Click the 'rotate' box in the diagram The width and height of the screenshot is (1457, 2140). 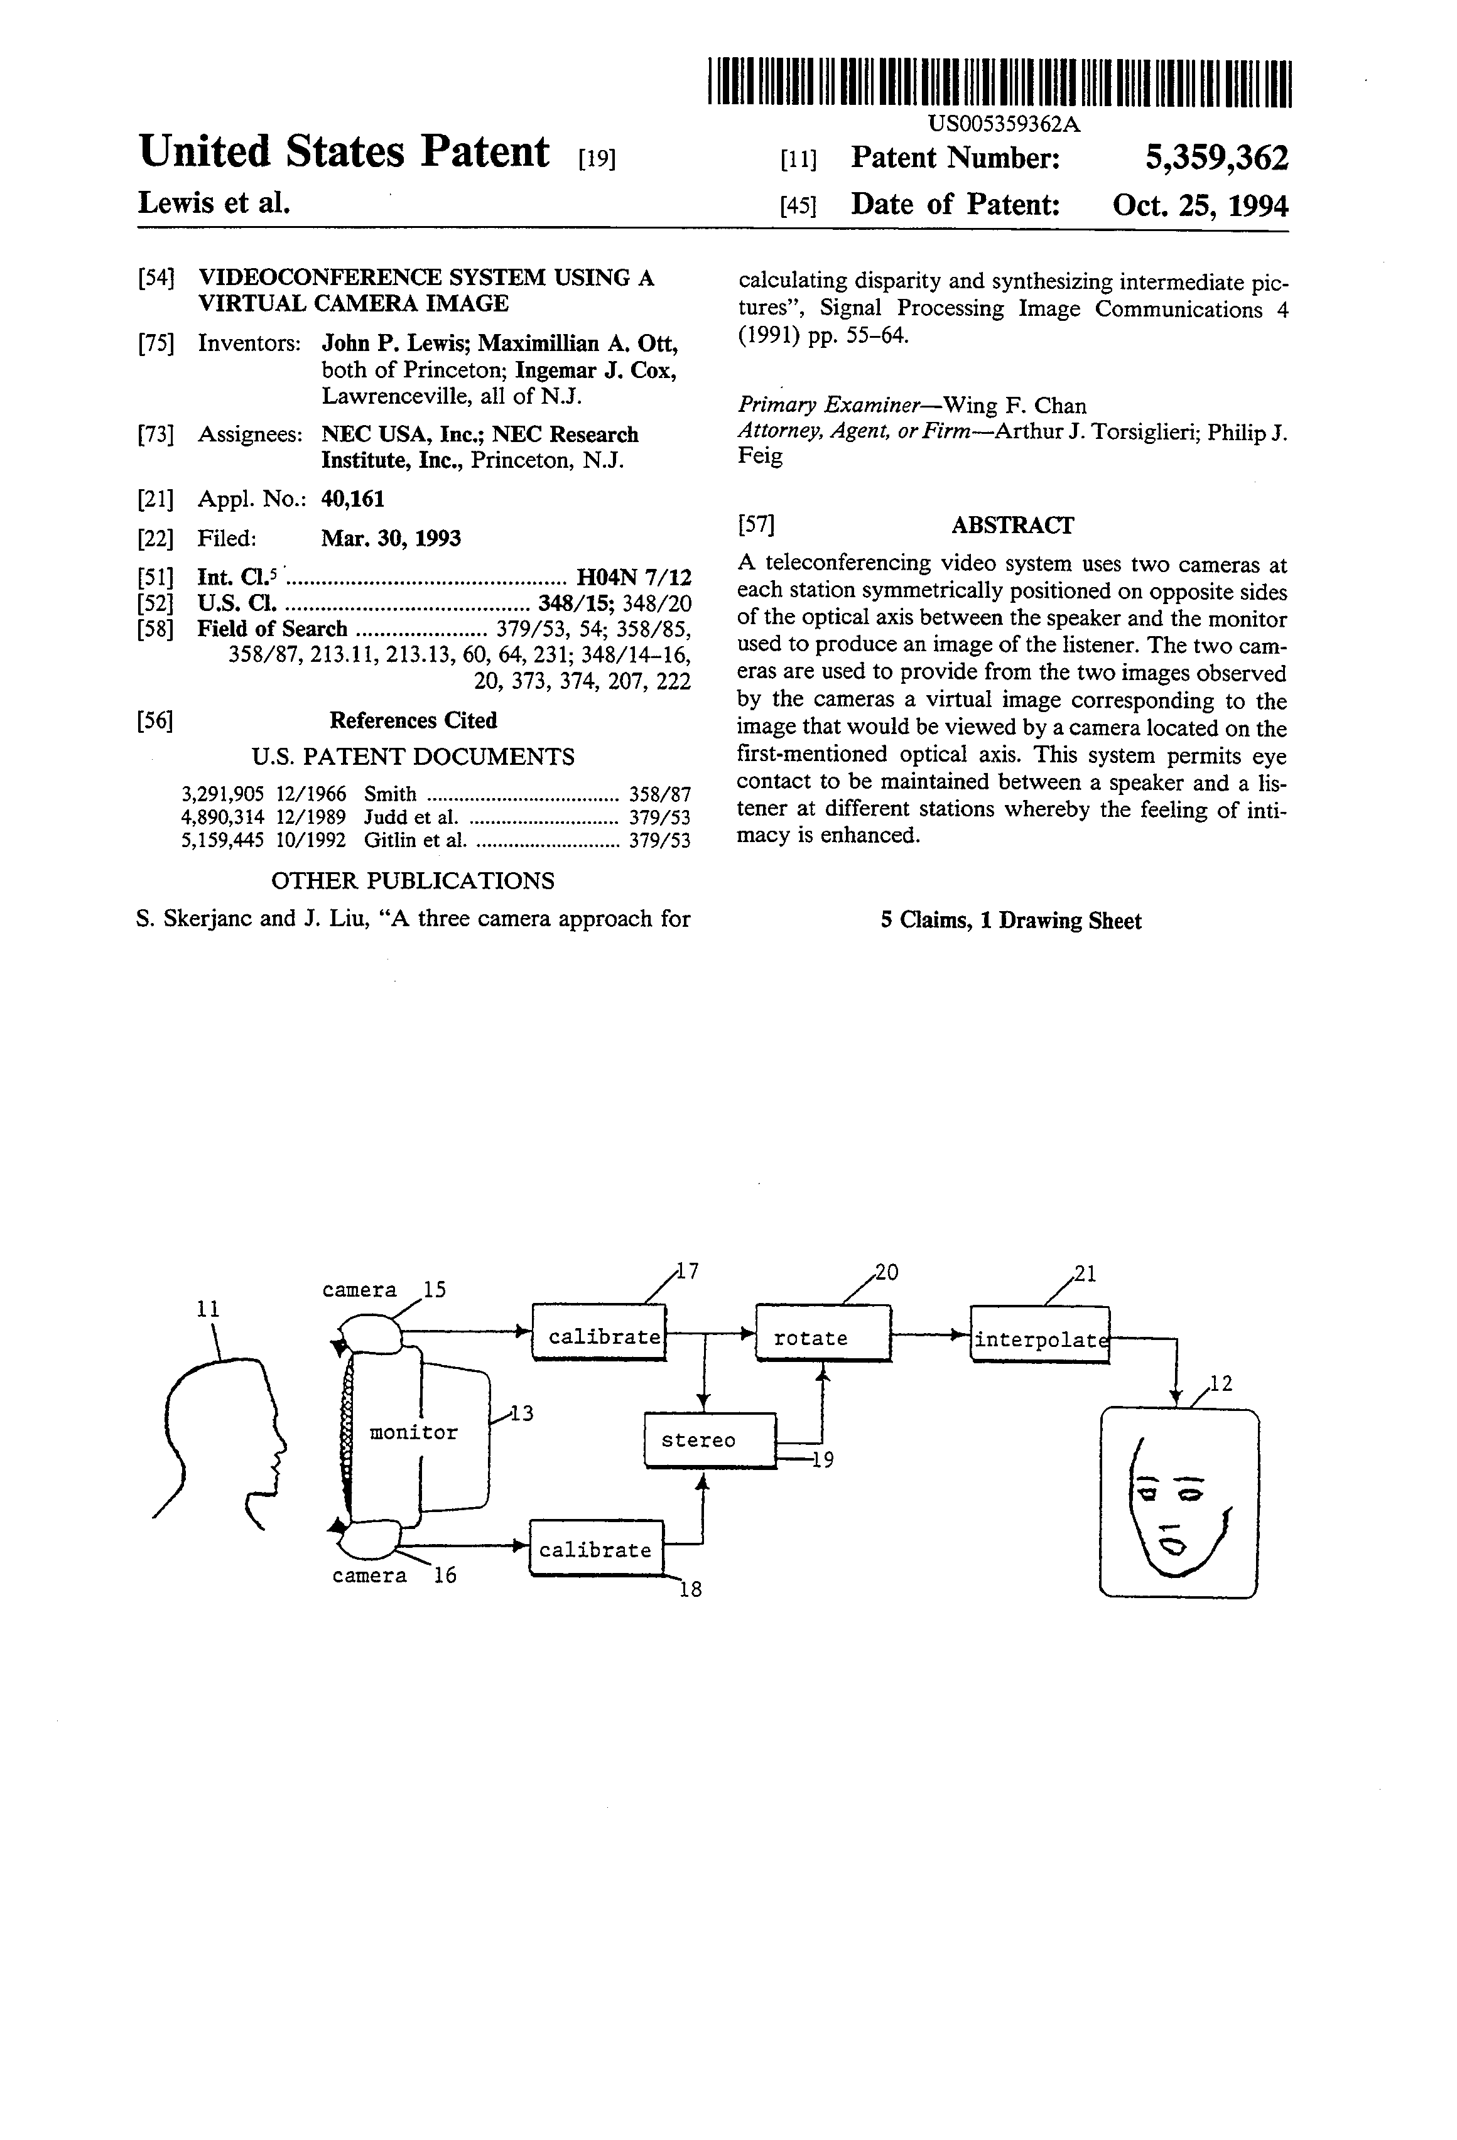823,1332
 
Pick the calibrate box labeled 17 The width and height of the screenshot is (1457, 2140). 599,1331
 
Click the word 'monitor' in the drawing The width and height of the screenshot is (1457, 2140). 413,1432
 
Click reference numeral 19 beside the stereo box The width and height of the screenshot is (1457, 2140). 823,1459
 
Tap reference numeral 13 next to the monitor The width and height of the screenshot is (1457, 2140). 521,1413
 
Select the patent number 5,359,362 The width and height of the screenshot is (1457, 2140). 1216,158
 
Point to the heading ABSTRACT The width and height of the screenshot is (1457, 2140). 1012,525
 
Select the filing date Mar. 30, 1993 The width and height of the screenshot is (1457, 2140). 391,538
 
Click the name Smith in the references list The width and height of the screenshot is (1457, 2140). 391,793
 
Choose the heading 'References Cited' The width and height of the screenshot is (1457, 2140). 413,720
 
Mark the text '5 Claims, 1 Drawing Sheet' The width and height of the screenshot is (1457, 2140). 1010,921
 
